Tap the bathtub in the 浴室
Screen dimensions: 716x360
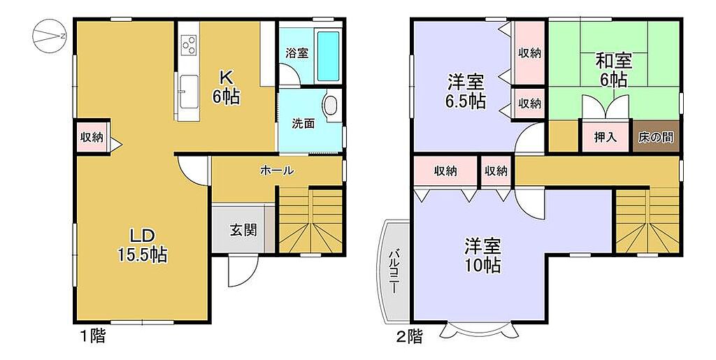[x=329, y=57]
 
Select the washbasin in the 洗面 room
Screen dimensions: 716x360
[x=331, y=104]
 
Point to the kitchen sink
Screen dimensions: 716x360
[x=189, y=92]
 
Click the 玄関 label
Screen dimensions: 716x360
[x=243, y=231]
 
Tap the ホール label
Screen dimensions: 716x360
[x=277, y=171]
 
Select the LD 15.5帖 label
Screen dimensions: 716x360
[x=143, y=246]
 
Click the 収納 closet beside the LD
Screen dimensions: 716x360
[x=92, y=136]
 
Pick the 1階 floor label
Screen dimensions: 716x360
[x=94, y=337]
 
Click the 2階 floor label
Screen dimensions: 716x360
[x=409, y=337]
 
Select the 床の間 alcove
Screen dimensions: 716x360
[x=656, y=137]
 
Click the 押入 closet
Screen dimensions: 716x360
[x=606, y=137]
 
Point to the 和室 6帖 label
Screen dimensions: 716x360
[x=613, y=71]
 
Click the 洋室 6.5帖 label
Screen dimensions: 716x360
[x=465, y=93]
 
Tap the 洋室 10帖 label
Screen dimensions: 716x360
[x=482, y=256]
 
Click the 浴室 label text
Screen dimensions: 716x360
[x=296, y=53]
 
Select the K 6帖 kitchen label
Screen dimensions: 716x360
[x=226, y=87]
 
